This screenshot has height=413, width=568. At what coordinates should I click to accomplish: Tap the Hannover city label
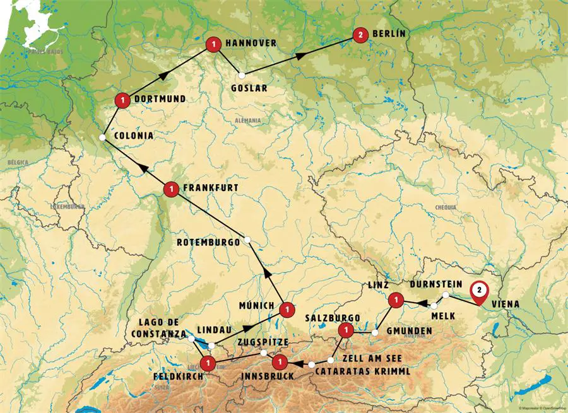pos(251,44)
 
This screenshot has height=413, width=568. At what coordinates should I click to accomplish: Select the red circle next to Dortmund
pos(122,99)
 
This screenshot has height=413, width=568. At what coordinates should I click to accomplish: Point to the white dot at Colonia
pos(102,137)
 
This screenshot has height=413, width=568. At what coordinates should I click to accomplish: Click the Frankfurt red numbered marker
pos(170,188)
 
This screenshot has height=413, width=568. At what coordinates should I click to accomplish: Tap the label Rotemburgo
pos(208,241)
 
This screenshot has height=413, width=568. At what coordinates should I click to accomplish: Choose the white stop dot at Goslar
pos(240,75)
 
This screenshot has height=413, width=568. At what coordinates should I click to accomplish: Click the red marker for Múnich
pos(287,308)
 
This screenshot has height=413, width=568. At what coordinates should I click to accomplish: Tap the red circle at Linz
pos(396,300)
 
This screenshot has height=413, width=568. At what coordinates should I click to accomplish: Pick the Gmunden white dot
pos(375,331)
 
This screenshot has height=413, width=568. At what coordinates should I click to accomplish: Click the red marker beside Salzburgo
pos(345,330)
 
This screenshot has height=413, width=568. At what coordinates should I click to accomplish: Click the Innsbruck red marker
pos(280,362)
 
